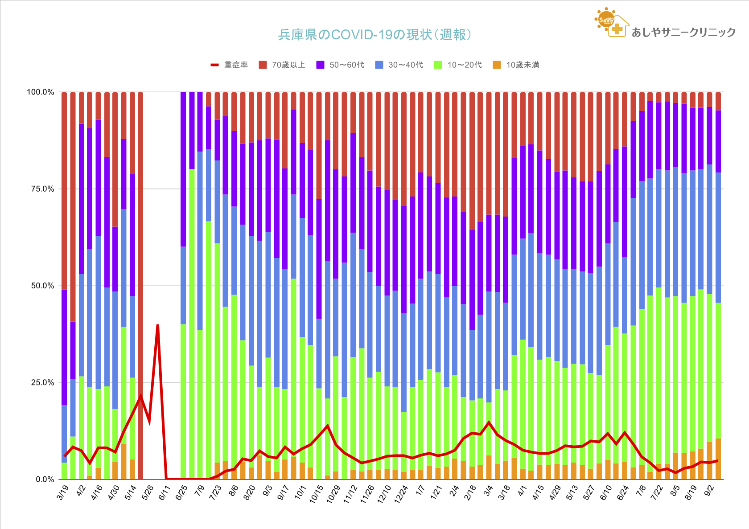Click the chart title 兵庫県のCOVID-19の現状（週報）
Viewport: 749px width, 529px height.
click(374, 35)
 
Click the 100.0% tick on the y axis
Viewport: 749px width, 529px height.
click(41, 92)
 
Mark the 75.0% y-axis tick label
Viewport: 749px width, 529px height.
click(42, 189)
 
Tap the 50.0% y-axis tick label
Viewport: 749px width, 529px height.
click(42, 286)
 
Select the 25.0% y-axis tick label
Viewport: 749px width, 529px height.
click(42, 383)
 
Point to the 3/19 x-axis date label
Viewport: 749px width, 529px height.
click(63, 492)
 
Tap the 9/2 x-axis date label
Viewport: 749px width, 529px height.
click(709, 492)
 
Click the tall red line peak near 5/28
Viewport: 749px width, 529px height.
click(158, 326)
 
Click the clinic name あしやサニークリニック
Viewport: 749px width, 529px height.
click(683, 32)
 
